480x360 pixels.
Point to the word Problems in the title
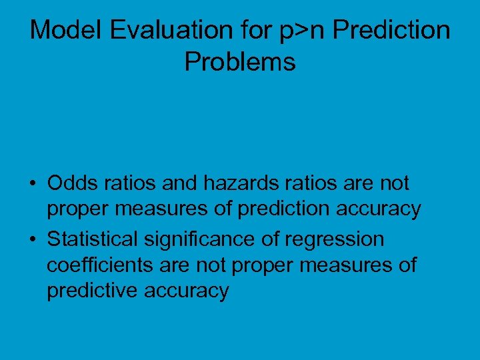[x=240, y=62]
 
